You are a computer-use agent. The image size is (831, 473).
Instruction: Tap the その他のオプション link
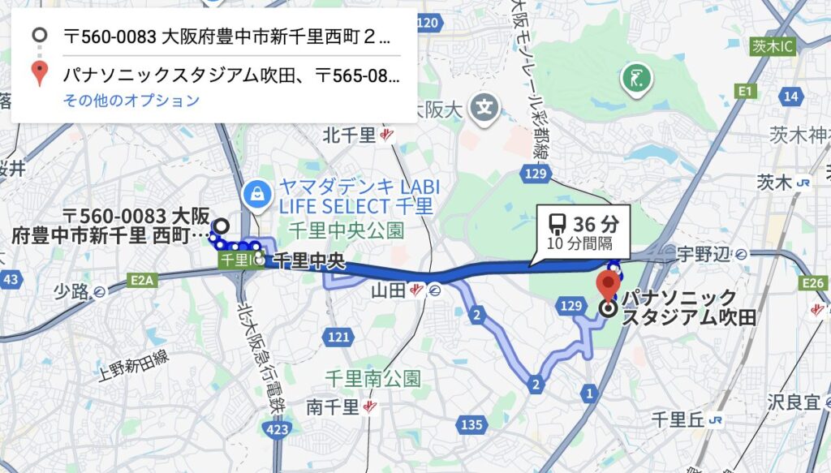[131, 101]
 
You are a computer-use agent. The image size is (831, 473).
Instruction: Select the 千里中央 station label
[309, 261]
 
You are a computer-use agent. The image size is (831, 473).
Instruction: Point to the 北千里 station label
[351, 135]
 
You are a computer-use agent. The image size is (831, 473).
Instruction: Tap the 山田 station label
[388, 289]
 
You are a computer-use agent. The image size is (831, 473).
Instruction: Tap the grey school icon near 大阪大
[485, 106]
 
